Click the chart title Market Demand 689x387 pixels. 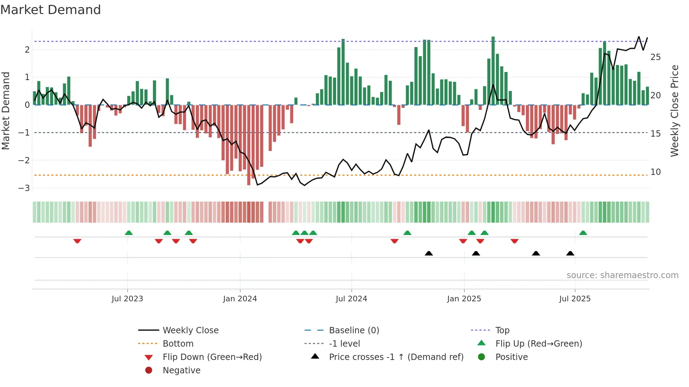tap(51, 10)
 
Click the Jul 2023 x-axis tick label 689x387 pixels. tap(127, 299)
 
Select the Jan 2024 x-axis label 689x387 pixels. tap(240, 299)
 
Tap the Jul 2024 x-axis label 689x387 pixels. tap(351, 299)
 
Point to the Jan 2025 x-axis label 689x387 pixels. tap(464, 299)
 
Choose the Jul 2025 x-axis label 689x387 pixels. tap(575, 299)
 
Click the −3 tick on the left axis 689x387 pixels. tap(24, 188)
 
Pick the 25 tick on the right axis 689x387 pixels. tap(655, 57)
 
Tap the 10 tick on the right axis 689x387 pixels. tap(655, 172)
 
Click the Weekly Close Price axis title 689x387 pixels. tap(674, 111)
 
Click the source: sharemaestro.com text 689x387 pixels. tap(622, 275)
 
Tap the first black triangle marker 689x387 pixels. tap(429, 253)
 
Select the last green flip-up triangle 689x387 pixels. tap(583, 233)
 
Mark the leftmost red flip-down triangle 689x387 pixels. tap(77, 241)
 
